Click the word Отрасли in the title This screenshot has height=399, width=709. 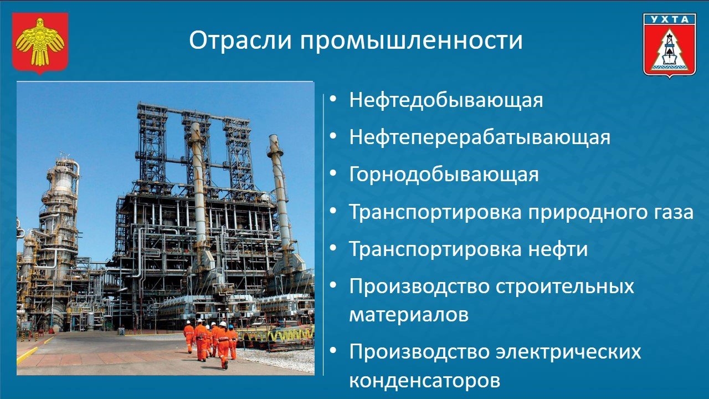coord(240,40)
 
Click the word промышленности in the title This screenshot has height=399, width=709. coord(411,40)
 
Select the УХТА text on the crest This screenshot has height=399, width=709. coord(670,19)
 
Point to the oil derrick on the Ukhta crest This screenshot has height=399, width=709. coord(669,48)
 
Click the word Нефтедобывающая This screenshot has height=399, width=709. coord(446,100)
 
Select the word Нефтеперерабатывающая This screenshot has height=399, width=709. coord(480,137)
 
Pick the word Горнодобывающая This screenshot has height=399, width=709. coord(444,175)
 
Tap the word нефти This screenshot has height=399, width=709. coord(558,249)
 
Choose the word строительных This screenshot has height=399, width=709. coord(565,287)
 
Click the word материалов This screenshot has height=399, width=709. coord(409,315)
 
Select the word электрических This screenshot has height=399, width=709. coord(568,352)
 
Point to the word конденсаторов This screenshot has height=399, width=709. coord(424,380)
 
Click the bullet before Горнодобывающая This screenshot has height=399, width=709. coord(333,173)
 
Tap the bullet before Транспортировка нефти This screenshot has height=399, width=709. coord(333,247)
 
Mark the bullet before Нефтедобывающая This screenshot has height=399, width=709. coord(333,99)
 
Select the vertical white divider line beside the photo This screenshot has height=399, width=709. coord(323,234)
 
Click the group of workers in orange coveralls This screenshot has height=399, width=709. coord(210,343)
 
